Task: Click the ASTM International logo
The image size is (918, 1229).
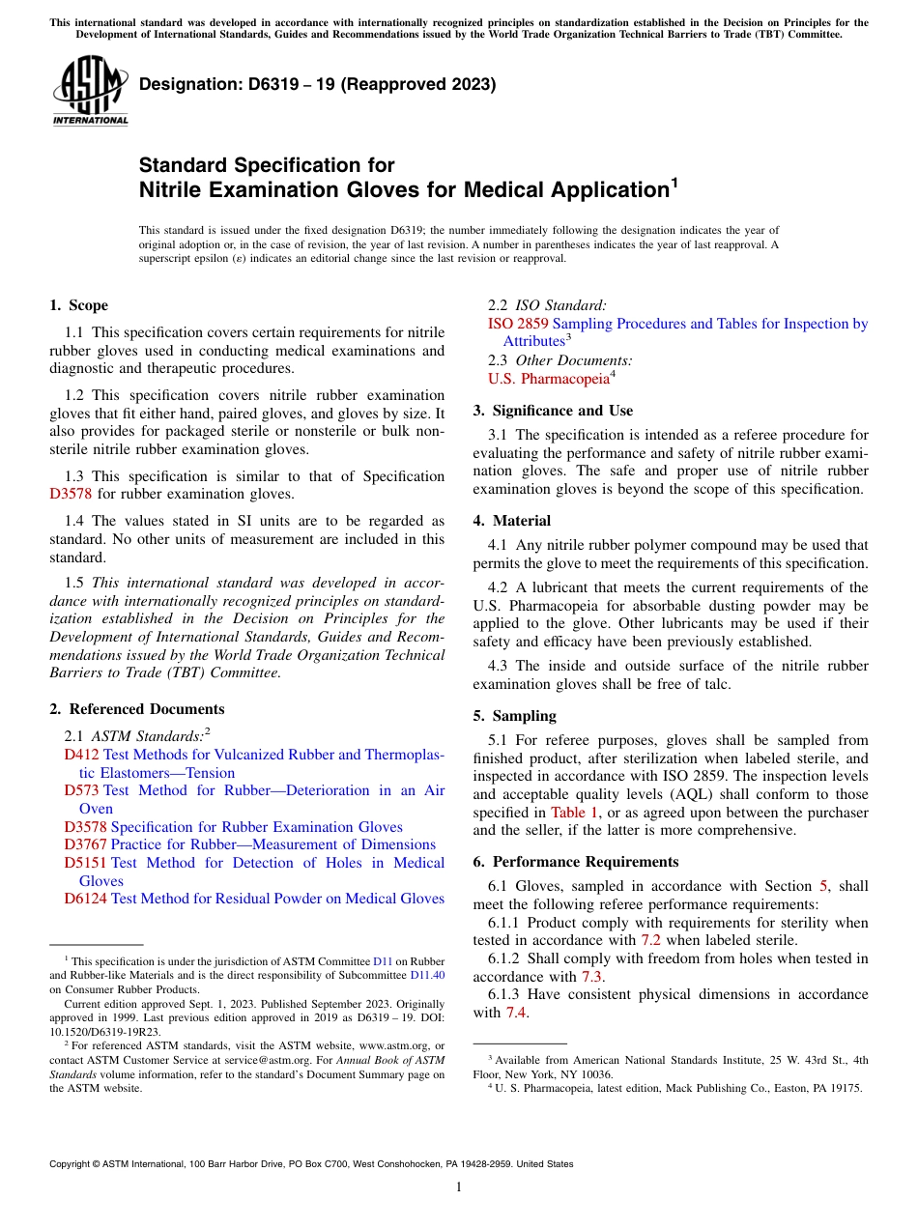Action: [x=90, y=92]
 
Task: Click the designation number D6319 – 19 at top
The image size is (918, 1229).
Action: [x=317, y=84]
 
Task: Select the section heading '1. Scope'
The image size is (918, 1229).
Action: [x=78, y=305]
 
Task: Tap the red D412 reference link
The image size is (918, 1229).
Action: [x=82, y=755]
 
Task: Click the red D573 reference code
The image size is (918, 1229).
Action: [x=82, y=790]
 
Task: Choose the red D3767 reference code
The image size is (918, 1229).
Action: [x=86, y=844]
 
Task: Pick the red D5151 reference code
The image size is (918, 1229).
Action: [x=86, y=863]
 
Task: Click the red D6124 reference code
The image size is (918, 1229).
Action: [x=86, y=899]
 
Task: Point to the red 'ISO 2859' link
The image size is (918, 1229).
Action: [x=518, y=324]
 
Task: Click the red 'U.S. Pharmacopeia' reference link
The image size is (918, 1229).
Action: [x=549, y=378]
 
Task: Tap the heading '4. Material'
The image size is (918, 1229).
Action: [x=512, y=520]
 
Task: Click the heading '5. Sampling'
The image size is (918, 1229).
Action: [x=514, y=716]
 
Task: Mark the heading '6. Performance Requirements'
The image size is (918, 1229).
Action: [x=576, y=862]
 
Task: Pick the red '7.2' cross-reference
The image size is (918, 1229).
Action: [x=650, y=940]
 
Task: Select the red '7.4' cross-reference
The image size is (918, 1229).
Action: [x=516, y=1013]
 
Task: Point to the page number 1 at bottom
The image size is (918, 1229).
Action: [x=459, y=1187]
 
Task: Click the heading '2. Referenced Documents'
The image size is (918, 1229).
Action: [x=136, y=709]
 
